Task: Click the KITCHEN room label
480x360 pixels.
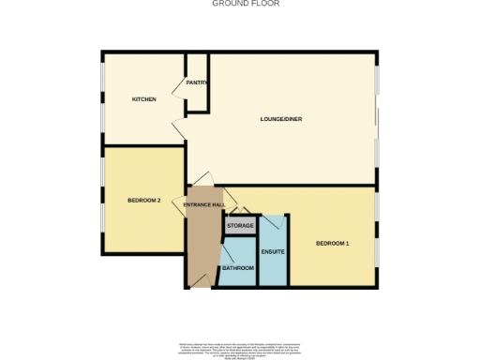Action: coord(143,99)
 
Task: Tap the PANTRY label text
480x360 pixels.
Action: coord(197,82)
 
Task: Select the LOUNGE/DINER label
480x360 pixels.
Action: coord(280,119)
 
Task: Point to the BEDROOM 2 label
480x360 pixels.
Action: coord(144,201)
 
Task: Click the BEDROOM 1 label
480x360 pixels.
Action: coord(332,245)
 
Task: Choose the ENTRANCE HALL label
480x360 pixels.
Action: coord(203,204)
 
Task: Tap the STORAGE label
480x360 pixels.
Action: coord(240,226)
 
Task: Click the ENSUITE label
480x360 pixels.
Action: coord(273,251)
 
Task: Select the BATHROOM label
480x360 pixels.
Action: coord(237,269)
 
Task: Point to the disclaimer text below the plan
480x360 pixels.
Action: coord(239,350)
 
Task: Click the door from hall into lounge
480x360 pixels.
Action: coord(205,180)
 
